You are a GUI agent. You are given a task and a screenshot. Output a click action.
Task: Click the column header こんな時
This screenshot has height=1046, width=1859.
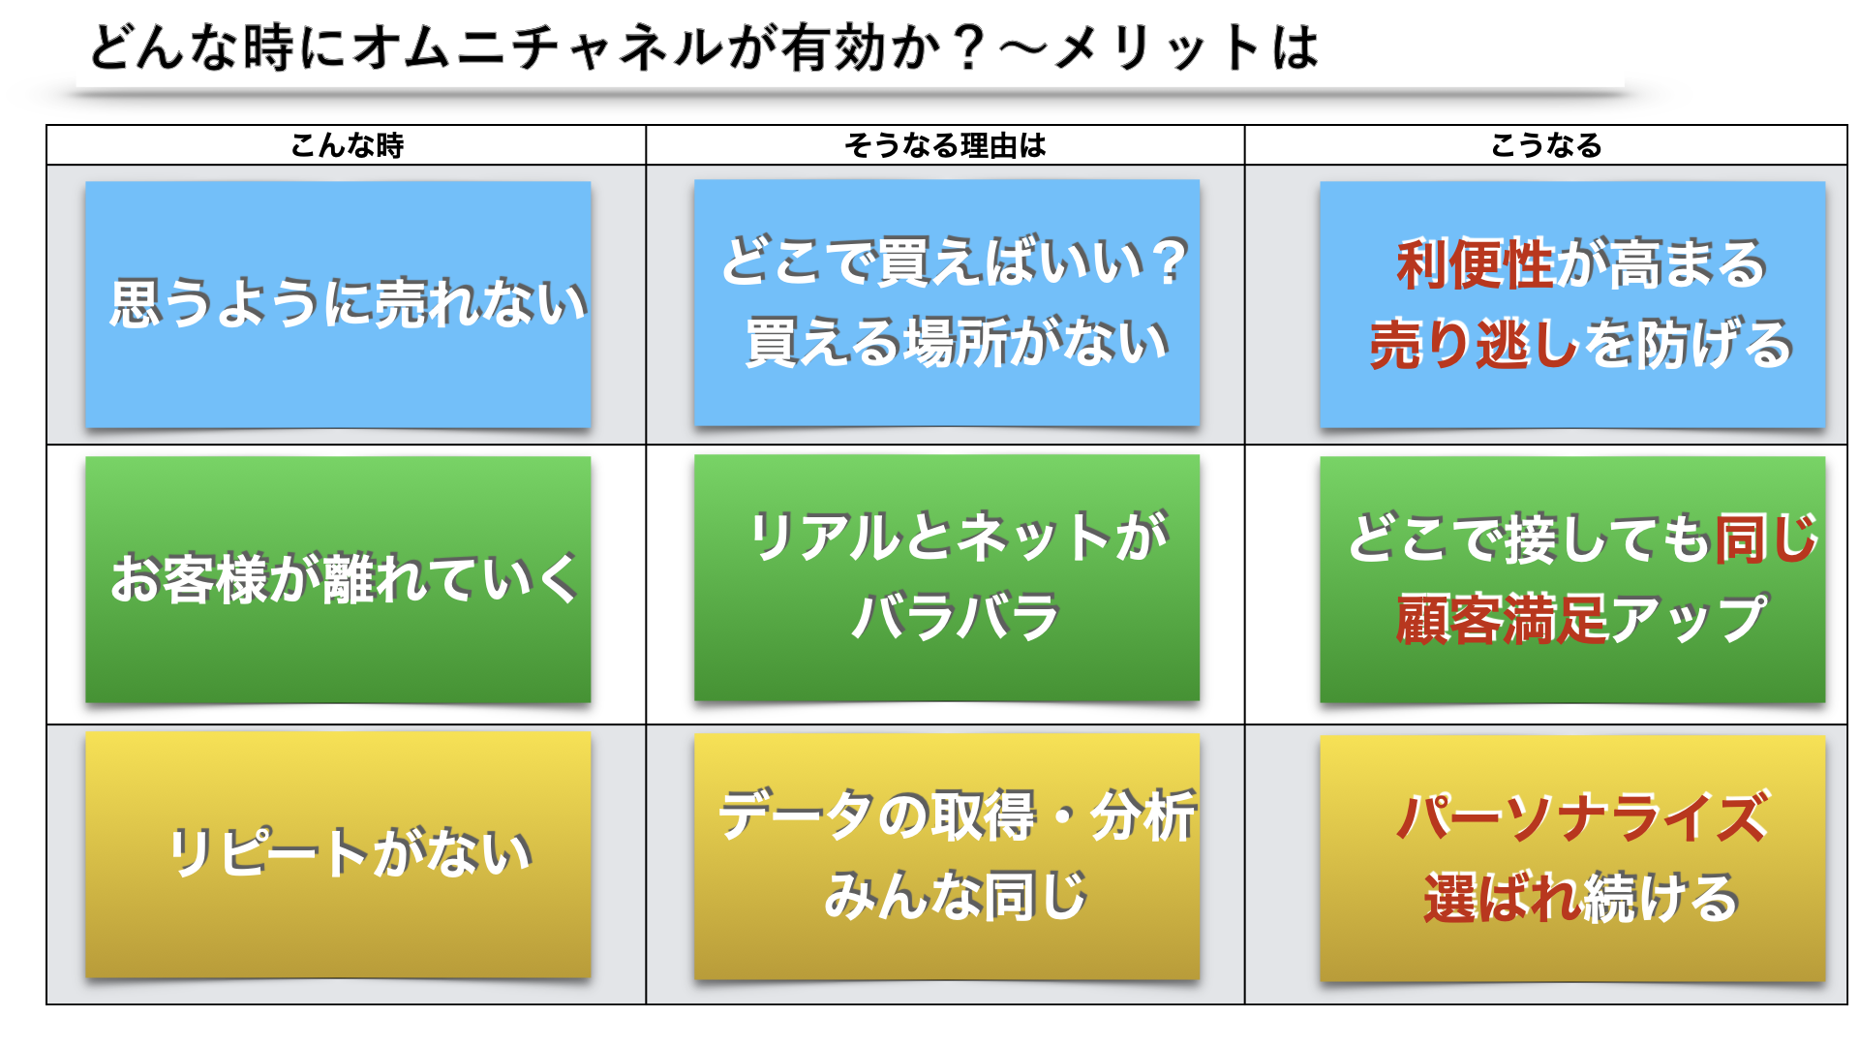pos(347,145)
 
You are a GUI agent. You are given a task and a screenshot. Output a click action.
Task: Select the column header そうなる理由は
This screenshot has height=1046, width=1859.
pos(945,145)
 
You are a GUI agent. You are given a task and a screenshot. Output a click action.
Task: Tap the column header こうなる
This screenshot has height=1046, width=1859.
pos(1546,145)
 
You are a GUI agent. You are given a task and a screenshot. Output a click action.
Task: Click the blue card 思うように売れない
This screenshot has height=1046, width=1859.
pos(338,304)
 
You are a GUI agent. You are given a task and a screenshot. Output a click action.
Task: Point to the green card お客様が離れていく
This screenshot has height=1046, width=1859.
pos(338,579)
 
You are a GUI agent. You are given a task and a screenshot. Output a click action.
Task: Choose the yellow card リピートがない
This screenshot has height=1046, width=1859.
pos(338,854)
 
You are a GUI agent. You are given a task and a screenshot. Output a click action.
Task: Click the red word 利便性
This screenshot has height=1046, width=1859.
pos(1475,263)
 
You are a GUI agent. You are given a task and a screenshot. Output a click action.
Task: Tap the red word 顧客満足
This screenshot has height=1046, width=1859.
pos(1502,619)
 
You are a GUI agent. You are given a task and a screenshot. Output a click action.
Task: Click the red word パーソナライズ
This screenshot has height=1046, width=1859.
pos(1582,816)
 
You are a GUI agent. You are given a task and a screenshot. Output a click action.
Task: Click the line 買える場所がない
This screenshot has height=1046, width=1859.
pos(957,342)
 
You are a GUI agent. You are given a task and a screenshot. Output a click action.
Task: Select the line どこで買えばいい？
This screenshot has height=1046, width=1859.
pos(956,261)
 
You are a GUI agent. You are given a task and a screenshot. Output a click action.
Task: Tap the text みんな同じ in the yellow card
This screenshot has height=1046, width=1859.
pos(956,895)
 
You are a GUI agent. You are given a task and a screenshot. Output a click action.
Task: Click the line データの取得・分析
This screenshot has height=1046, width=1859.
pos(957,815)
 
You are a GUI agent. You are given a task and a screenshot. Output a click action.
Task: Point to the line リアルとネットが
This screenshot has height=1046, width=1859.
pos(960,537)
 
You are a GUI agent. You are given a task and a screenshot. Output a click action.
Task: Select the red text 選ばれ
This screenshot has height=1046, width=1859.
pos(1502,897)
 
